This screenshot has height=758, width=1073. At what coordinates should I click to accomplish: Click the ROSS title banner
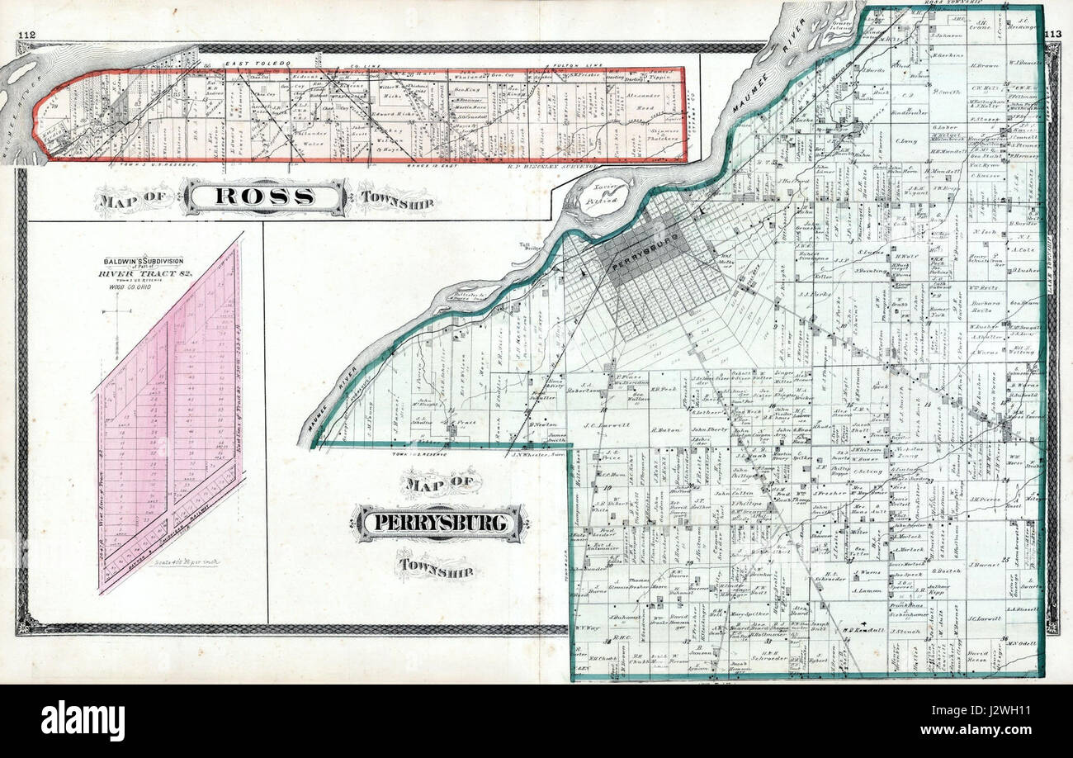point(264,197)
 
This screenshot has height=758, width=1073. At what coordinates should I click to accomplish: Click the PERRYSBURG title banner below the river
point(438,523)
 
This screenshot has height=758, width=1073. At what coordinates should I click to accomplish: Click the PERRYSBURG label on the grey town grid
point(644,251)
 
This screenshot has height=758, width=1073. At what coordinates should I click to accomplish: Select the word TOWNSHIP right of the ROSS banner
point(399,198)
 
